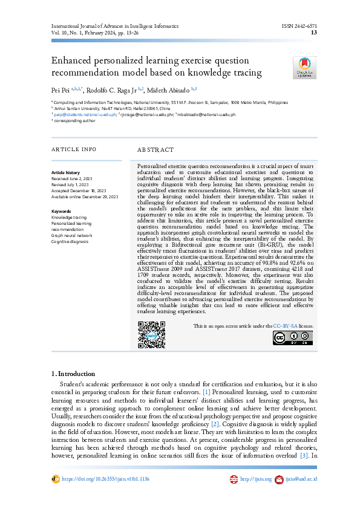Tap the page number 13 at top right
pyautogui.click(x=314, y=33)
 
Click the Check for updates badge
pyautogui.click(x=304, y=68)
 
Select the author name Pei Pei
pyautogui.click(x=61, y=89)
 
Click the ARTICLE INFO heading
pyautogui.click(x=73, y=149)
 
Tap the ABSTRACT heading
pyautogui.click(x=155, y=149)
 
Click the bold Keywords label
pyautogui.click(x=61, y=212)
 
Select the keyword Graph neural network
pyautogui.click(x=71, y=236)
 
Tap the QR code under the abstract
pyautogui.click(x=152, y=334)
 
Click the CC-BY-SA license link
pyautogui.click(x=284, y=326)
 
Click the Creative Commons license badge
pyautogui.click(x=301, y=339)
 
